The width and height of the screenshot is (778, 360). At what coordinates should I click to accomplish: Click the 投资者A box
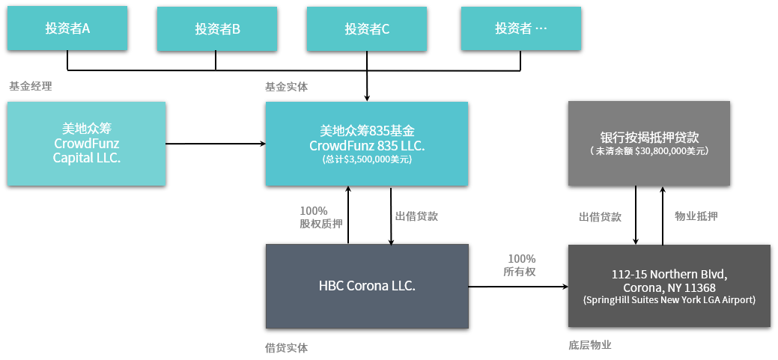coord(67,28)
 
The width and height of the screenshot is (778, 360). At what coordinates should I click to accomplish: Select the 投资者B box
coord(217,28)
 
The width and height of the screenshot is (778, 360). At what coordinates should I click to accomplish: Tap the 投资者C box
coord(367,28)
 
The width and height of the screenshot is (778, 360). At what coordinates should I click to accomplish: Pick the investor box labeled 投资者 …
coord(520,28)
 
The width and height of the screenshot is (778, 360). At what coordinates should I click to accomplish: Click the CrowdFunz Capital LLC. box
coord(86,144)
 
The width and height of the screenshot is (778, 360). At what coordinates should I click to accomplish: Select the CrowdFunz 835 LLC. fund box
coord(367,144)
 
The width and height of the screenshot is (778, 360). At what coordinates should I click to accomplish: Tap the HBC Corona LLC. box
coord(367,286)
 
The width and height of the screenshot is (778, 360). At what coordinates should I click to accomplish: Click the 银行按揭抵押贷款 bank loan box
coord(649,143)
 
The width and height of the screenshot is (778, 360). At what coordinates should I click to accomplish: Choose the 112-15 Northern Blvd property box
coord(669,286)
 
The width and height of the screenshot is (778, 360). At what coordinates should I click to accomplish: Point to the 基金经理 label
coord(30,86)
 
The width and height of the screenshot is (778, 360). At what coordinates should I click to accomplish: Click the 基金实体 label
coord(286,87)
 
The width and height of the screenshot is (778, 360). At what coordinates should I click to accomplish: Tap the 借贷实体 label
coord(286,348)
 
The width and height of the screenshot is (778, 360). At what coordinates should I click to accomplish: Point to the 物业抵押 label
coord(696,216)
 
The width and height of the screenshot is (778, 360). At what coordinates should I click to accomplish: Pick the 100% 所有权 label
coord(521,265)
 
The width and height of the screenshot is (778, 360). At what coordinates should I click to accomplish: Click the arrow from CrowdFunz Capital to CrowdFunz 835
coord(216,144)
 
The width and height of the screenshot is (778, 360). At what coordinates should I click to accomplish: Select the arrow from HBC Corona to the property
coord(518,286)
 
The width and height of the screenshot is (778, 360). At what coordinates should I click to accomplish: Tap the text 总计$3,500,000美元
coord(367,159)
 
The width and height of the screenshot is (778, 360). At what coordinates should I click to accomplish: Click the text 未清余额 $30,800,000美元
coord(649,150)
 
